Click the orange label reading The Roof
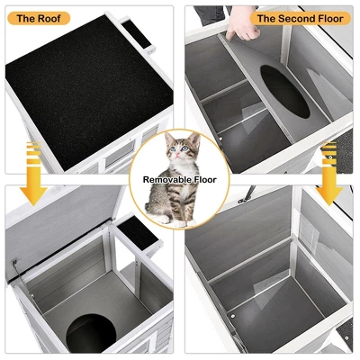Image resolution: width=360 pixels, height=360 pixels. (36, 17)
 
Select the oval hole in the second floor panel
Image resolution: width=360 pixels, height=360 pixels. (286, 92)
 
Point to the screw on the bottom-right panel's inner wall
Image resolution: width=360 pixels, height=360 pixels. (230, 315)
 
